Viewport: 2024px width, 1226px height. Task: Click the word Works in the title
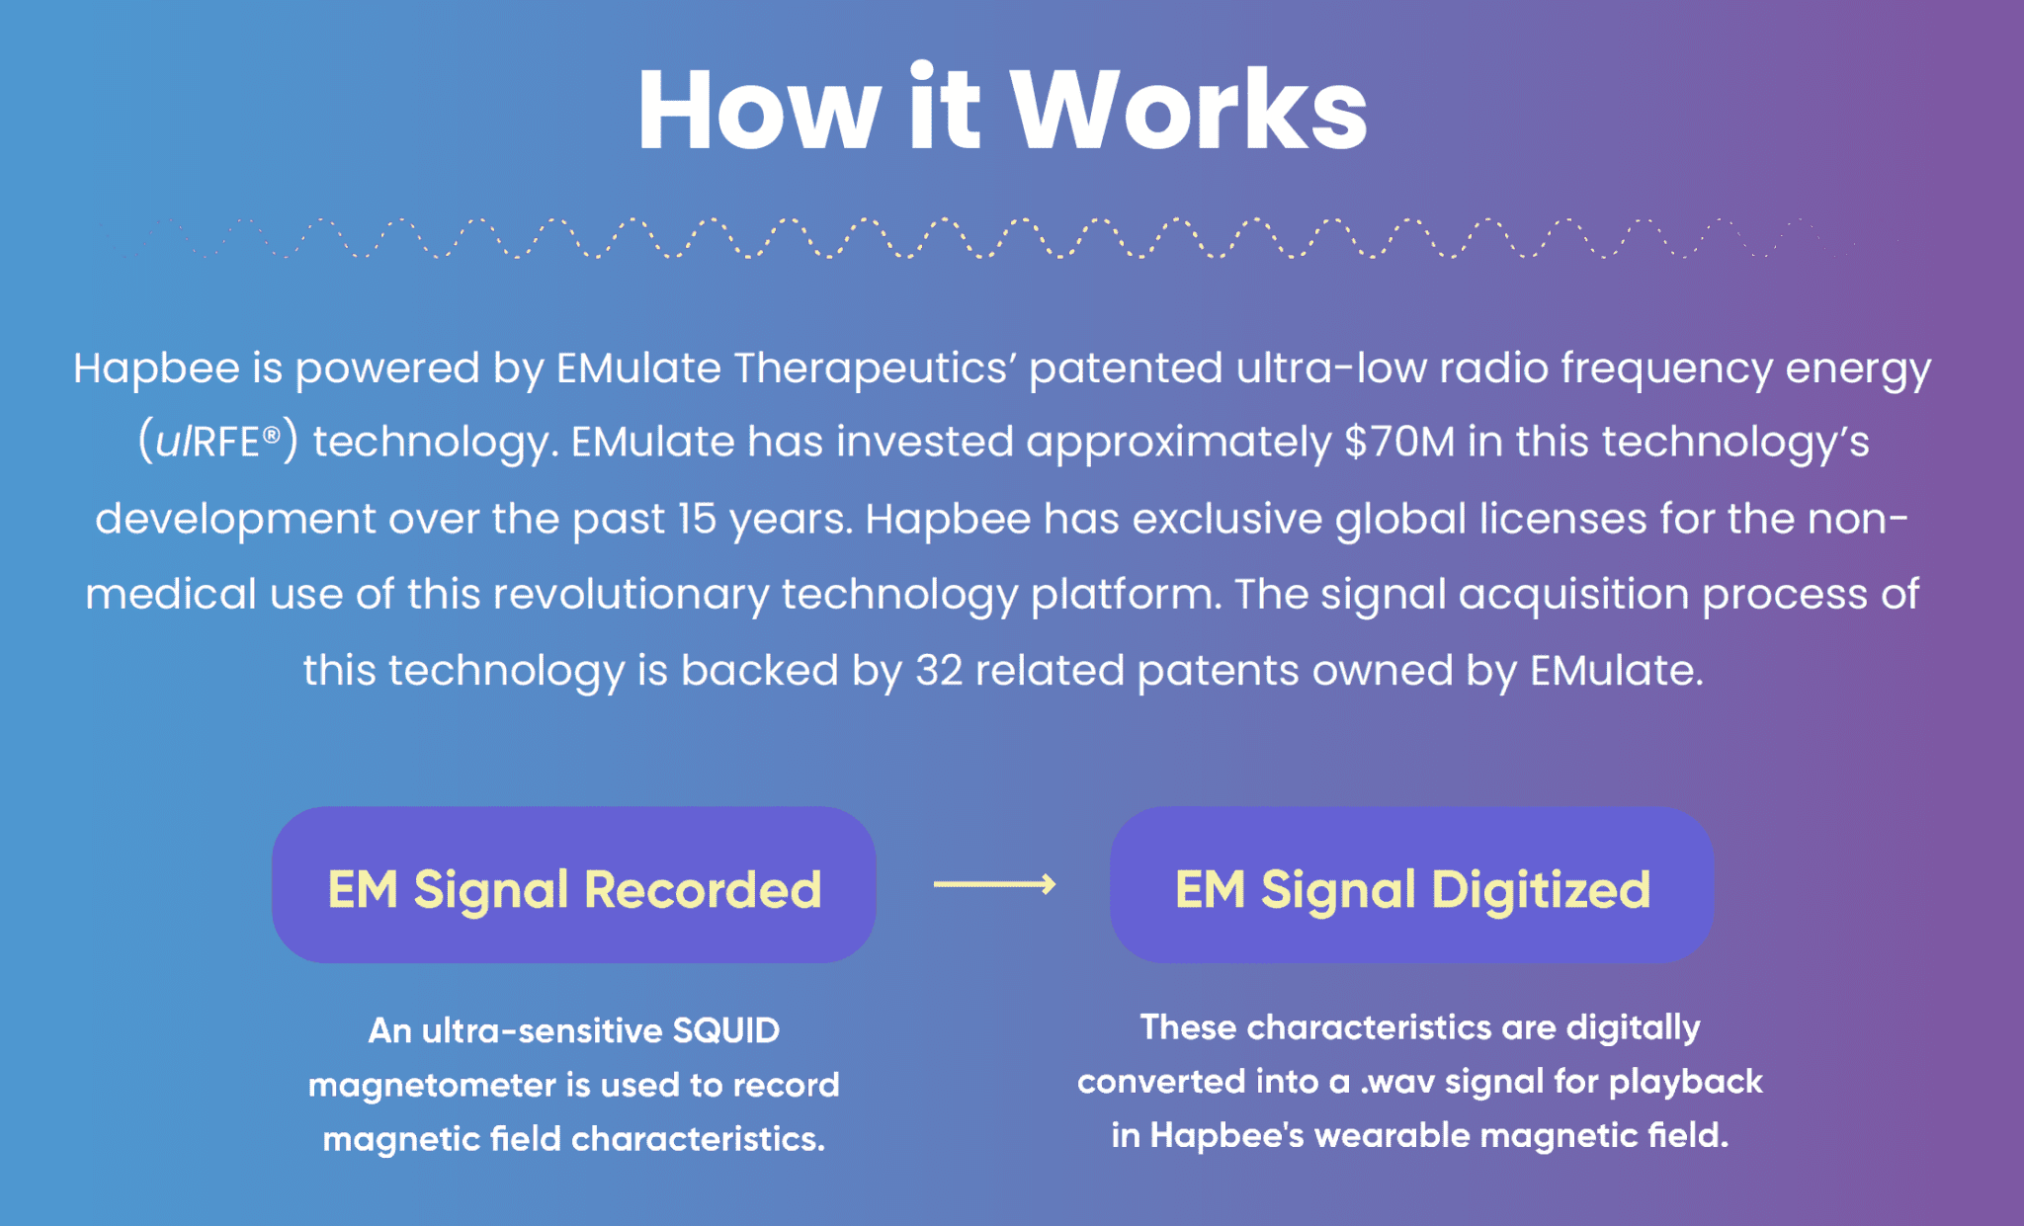(x=1189, y=110)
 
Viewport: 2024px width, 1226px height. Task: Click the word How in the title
(x=759, y=110)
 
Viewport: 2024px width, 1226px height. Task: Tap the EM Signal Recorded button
(x=574, y=885)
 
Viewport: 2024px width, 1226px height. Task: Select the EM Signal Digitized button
(x=1411, y=885)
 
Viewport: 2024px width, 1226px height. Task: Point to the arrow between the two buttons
(x=994, y=883)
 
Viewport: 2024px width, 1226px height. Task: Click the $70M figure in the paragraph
(x=1400, y=442)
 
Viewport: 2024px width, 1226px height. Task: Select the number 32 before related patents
(x=939, y=671)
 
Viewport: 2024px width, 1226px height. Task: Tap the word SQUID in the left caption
(x=726, y=1030)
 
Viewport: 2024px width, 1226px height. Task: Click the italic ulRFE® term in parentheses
(x=217, y=442)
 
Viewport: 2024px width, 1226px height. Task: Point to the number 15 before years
(x=698, y=519)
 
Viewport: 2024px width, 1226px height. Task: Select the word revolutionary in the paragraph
(x=631, y=595)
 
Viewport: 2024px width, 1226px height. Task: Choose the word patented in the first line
(x=1126, y=368)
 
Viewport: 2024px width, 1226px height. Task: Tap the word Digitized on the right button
(x=1541, y=889)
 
